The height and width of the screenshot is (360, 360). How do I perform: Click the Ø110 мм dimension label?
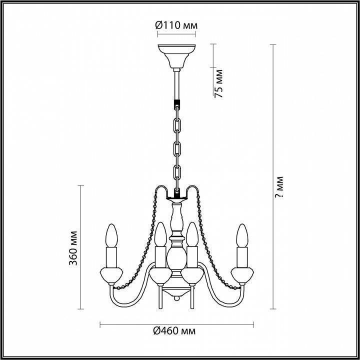175,24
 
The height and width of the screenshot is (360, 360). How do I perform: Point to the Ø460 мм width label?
174,331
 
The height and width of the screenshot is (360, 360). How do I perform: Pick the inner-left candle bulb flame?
159,234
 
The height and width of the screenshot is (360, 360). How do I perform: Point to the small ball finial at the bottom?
176,298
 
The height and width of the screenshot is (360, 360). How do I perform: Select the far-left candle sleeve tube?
111,256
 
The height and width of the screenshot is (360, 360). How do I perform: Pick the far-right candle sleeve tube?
242,256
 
